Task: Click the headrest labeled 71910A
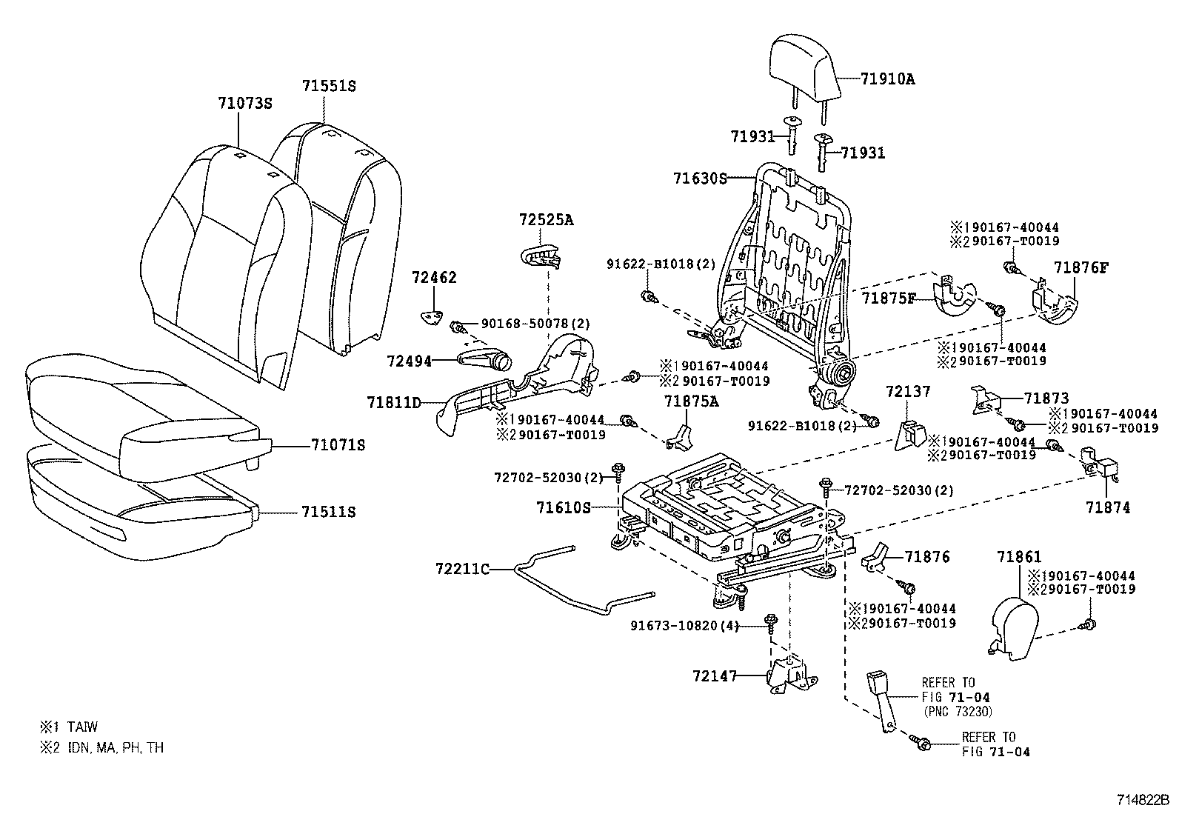[804, 70]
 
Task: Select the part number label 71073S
[245, 104]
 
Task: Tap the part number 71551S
[329, 86]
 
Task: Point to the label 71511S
[328, 513]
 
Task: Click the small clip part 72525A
[538, 254]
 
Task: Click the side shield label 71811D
[393, 403]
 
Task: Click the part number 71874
[1108, 508]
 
